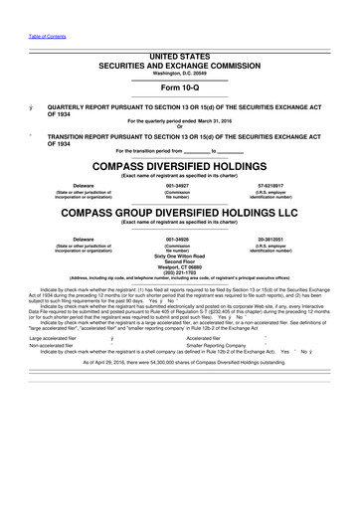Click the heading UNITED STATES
click(181, 59)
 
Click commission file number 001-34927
click(178, 185)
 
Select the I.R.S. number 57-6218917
click(270, 185)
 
